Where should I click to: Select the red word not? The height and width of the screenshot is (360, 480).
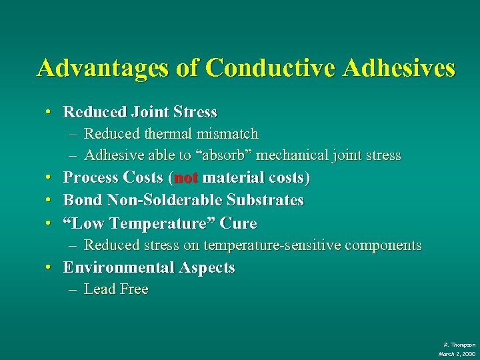click(x=186, y=178)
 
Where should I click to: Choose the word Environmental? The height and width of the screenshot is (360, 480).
click(x=119, y=268)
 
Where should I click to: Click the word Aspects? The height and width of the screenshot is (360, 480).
click(x=207, y=268)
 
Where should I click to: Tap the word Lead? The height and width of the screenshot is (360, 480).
click(x=100, y=289)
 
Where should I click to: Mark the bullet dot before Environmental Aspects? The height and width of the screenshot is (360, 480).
click(x=50, y=268)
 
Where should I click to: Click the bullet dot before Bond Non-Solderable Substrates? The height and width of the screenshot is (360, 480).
click(x=50, y=200)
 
